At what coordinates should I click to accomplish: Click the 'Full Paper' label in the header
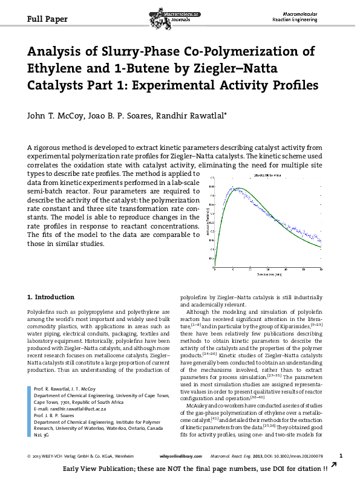(x=47, y=19)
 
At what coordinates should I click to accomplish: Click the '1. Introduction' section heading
(x=51, y=297)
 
